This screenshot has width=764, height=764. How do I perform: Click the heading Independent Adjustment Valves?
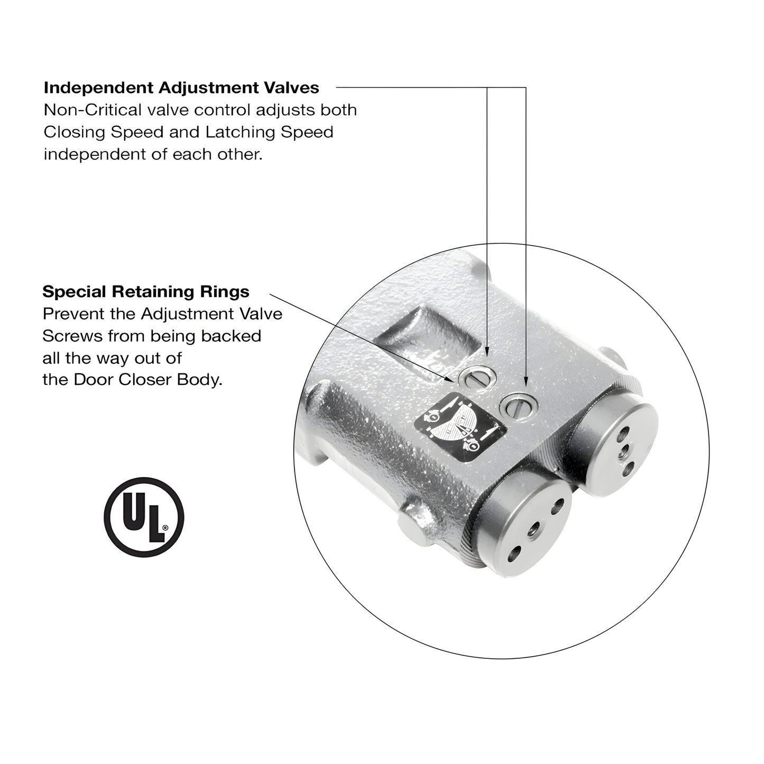(x=181, y=87)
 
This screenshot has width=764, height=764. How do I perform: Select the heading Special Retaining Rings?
(x=146, y=291)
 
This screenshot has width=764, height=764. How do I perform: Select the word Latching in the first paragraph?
(x=241, y=132)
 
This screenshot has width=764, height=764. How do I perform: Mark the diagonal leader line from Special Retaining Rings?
(x=360, y=336)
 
